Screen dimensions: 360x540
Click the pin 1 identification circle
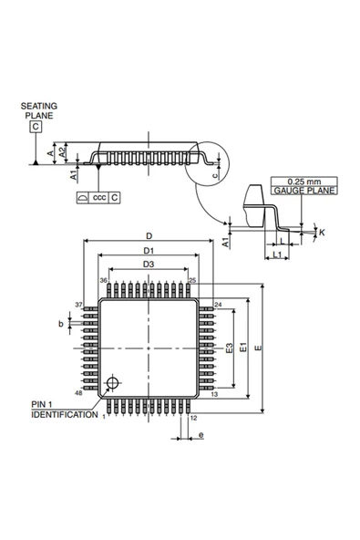pyautogui.click(x=112, y=382)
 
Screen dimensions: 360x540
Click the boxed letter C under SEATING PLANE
pyautogui.click(x=36, y=127)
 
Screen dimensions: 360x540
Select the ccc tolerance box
pyautogui.click(x=98, y=197)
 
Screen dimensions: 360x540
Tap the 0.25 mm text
pyautogui.click(x=303, y=182)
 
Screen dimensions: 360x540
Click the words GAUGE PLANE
pyautogui.click(x=303, y=191)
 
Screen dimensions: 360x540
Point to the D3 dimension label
pyautogui.click(x=149, y=265)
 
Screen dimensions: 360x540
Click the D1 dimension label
pyautogui.click(x=149, y=250)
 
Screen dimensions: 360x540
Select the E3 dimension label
pyautogui.click(x=230, y=348)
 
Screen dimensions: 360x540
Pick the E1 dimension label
pyautogui.click(x=243, y=347)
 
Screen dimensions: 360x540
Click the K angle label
pyautogui.click(x=322, y=233)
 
